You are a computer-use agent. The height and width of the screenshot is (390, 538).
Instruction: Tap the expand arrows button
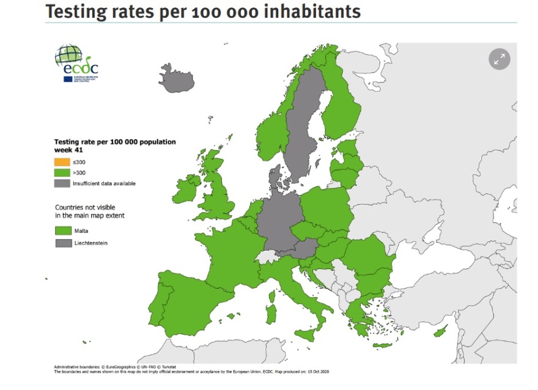pos(499,59)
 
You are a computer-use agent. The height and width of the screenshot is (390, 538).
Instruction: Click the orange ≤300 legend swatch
pos(62,162)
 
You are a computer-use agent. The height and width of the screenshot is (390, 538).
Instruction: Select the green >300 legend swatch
pos(62,173)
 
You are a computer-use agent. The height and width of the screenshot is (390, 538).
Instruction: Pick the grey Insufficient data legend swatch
pos(62,183)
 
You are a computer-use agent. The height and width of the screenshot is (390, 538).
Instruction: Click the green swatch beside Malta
pos(64,231)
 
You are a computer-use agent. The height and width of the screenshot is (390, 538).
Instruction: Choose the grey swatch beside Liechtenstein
pos(64,243)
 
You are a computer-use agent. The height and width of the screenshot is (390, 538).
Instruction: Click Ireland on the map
pos(185,191)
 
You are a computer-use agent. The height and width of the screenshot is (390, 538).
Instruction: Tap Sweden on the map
pos(303,122)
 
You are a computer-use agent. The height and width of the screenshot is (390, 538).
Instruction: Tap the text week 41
pos(68,150)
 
